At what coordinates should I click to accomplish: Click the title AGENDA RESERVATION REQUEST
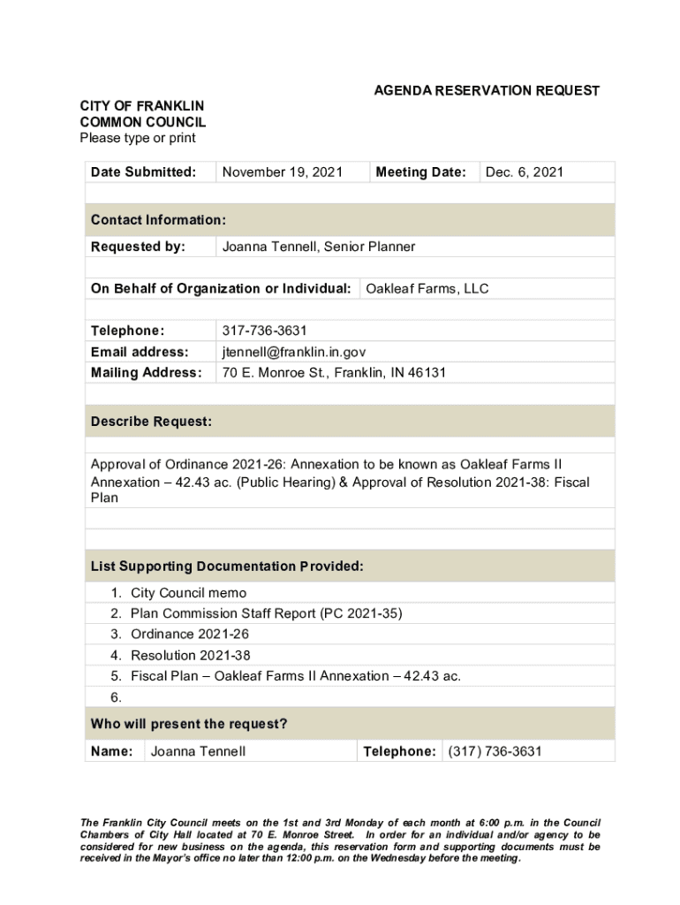487,91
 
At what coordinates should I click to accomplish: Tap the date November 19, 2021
282,172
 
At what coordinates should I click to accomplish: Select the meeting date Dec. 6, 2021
524,172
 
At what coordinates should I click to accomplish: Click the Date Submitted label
143,172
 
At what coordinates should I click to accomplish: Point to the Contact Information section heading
158,220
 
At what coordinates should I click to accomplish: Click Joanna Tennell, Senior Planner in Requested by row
318,247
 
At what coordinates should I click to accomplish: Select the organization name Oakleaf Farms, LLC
427,289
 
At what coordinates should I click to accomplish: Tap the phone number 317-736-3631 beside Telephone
264,331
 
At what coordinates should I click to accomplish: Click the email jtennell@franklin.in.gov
293,352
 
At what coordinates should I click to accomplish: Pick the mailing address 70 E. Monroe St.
334,373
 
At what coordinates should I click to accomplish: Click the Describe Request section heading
151,422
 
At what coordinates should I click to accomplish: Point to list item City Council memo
188,593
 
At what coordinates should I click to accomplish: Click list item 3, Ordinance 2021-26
189,635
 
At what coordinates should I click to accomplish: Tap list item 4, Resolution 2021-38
190,656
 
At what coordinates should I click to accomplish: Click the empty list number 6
117,697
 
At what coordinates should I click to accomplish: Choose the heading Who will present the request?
189,725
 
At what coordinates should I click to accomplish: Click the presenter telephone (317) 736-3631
495,752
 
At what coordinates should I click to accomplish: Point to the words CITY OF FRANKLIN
141,107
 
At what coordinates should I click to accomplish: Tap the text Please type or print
138,138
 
